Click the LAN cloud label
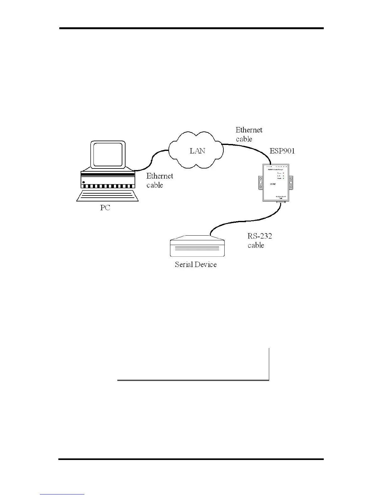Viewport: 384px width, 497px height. [197, 151]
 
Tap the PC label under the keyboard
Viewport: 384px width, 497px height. [105, 208]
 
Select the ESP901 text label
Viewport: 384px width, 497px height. [282, 151]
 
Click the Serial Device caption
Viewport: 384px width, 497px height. [195, 265]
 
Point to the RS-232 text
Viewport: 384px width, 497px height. [259, 236]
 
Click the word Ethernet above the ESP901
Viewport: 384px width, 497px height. [249, 130]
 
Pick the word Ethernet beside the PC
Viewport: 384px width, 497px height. [160, 176]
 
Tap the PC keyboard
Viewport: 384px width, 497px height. [108, 196]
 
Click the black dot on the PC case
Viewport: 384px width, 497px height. [83, 182]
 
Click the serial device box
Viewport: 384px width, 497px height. [197, 248]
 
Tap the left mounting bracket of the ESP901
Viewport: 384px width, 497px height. [260, 183]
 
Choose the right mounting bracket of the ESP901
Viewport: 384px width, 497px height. [291, 183]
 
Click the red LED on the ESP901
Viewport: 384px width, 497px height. [283, 173]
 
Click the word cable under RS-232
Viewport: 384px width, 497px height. [256, 245]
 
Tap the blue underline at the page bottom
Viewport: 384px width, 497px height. [62, 494]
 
